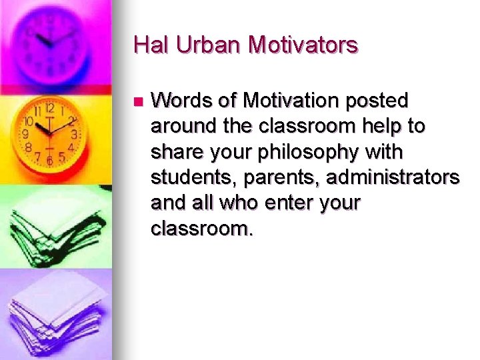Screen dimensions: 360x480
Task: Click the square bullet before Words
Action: point(137,102)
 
